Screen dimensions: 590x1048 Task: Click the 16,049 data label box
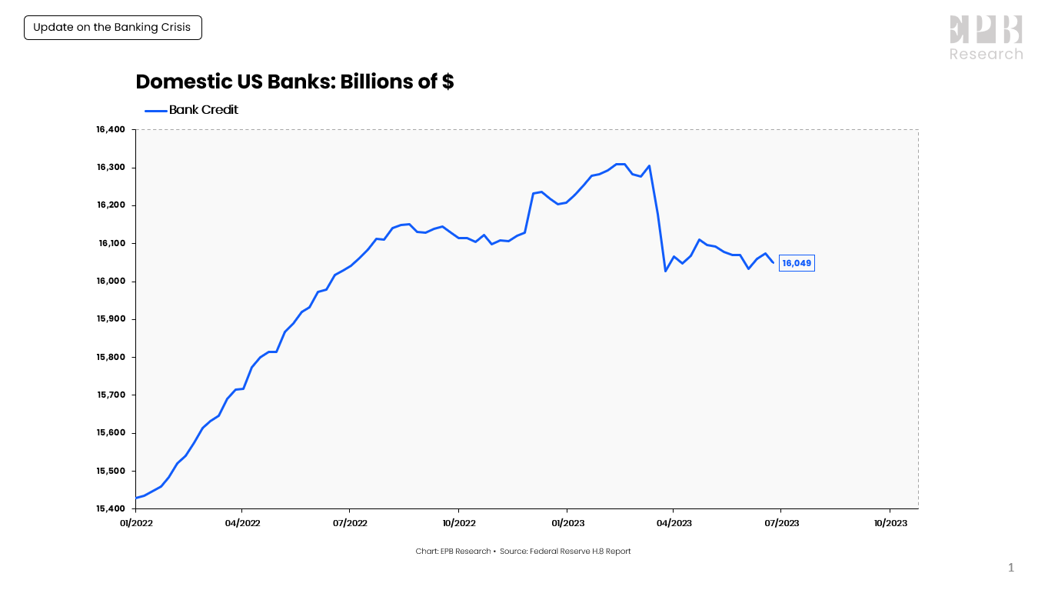coord(796,263)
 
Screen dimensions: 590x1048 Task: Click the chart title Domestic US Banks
coord(294,82)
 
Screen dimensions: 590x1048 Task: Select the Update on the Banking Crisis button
coord(112,28)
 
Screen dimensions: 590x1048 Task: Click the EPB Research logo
coord(986,38)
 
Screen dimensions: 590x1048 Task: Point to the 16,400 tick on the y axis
coord(111,130)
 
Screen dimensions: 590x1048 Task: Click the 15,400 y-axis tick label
coord(111,509)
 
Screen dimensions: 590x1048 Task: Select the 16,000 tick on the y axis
coord(111,282)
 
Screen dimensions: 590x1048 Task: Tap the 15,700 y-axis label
coord(111,395)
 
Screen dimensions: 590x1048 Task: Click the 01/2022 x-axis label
coord(135,523)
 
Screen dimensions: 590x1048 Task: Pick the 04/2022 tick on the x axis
coord(242,523)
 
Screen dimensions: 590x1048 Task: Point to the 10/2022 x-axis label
coord(458,523)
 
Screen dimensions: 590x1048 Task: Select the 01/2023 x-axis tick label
coord(567,523)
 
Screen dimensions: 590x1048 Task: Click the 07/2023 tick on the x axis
coord(781,523)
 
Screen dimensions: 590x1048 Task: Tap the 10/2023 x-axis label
coord(890,523)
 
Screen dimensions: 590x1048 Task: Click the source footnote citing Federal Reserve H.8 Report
coord(523,551)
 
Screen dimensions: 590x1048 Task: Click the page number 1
coord(1011,568)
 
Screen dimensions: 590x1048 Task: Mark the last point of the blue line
coord(773,262)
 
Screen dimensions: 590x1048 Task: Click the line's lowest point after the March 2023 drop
coord(666,271)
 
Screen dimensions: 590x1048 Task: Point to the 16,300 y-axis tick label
coord(111,168)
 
